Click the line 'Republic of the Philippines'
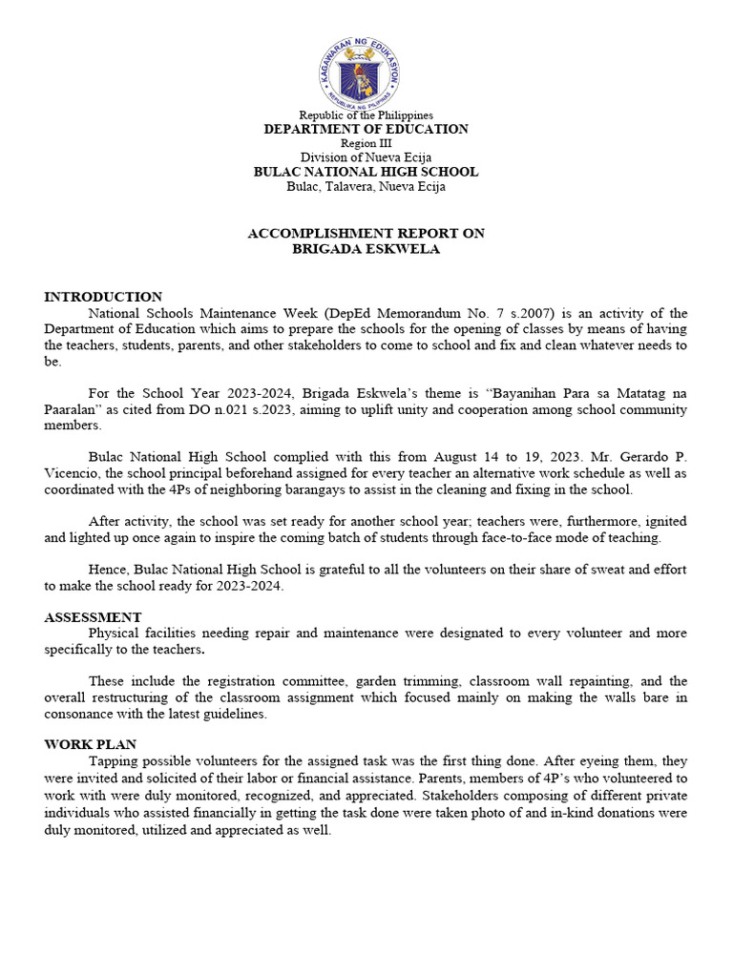[366, 115]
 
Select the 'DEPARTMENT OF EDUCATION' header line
[366, 129]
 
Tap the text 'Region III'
[366, 143]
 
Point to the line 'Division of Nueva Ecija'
[366, 157]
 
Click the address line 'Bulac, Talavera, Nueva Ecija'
[366, 186]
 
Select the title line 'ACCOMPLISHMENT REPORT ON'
[366, 233]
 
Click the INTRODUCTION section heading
[103, 297]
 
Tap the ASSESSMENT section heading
[93, 617]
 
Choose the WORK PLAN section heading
[90, 744]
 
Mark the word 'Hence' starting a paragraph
[106, 570]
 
